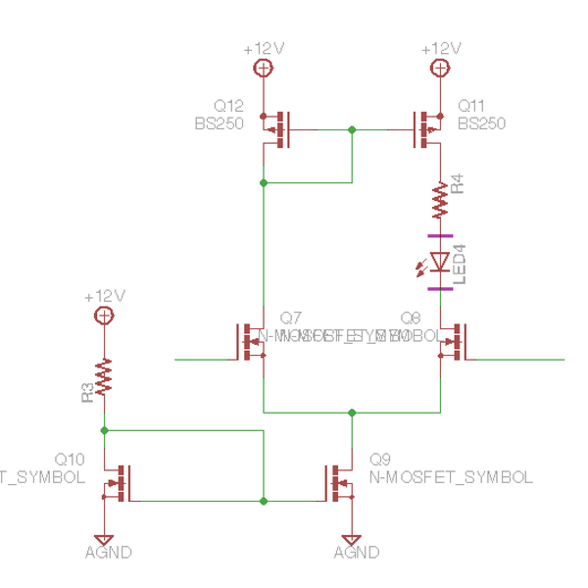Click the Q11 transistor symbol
click(x=427, y=128)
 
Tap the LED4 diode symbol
click(x=440, y=263)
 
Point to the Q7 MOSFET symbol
click(x=251, y=341)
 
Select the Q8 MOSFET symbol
click(x=453, y=341)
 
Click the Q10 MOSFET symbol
click(x=117, y=481)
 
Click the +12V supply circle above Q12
click(x=263, y=68)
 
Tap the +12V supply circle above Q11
click(x=440, y=68)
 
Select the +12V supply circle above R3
click(x=103, y=315)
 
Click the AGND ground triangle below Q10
click(x=103, y=539)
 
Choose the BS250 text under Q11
click(x=481, y=123)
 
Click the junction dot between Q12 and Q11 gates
click(x=352, y=128)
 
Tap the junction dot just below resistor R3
click(x=103, y=429)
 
